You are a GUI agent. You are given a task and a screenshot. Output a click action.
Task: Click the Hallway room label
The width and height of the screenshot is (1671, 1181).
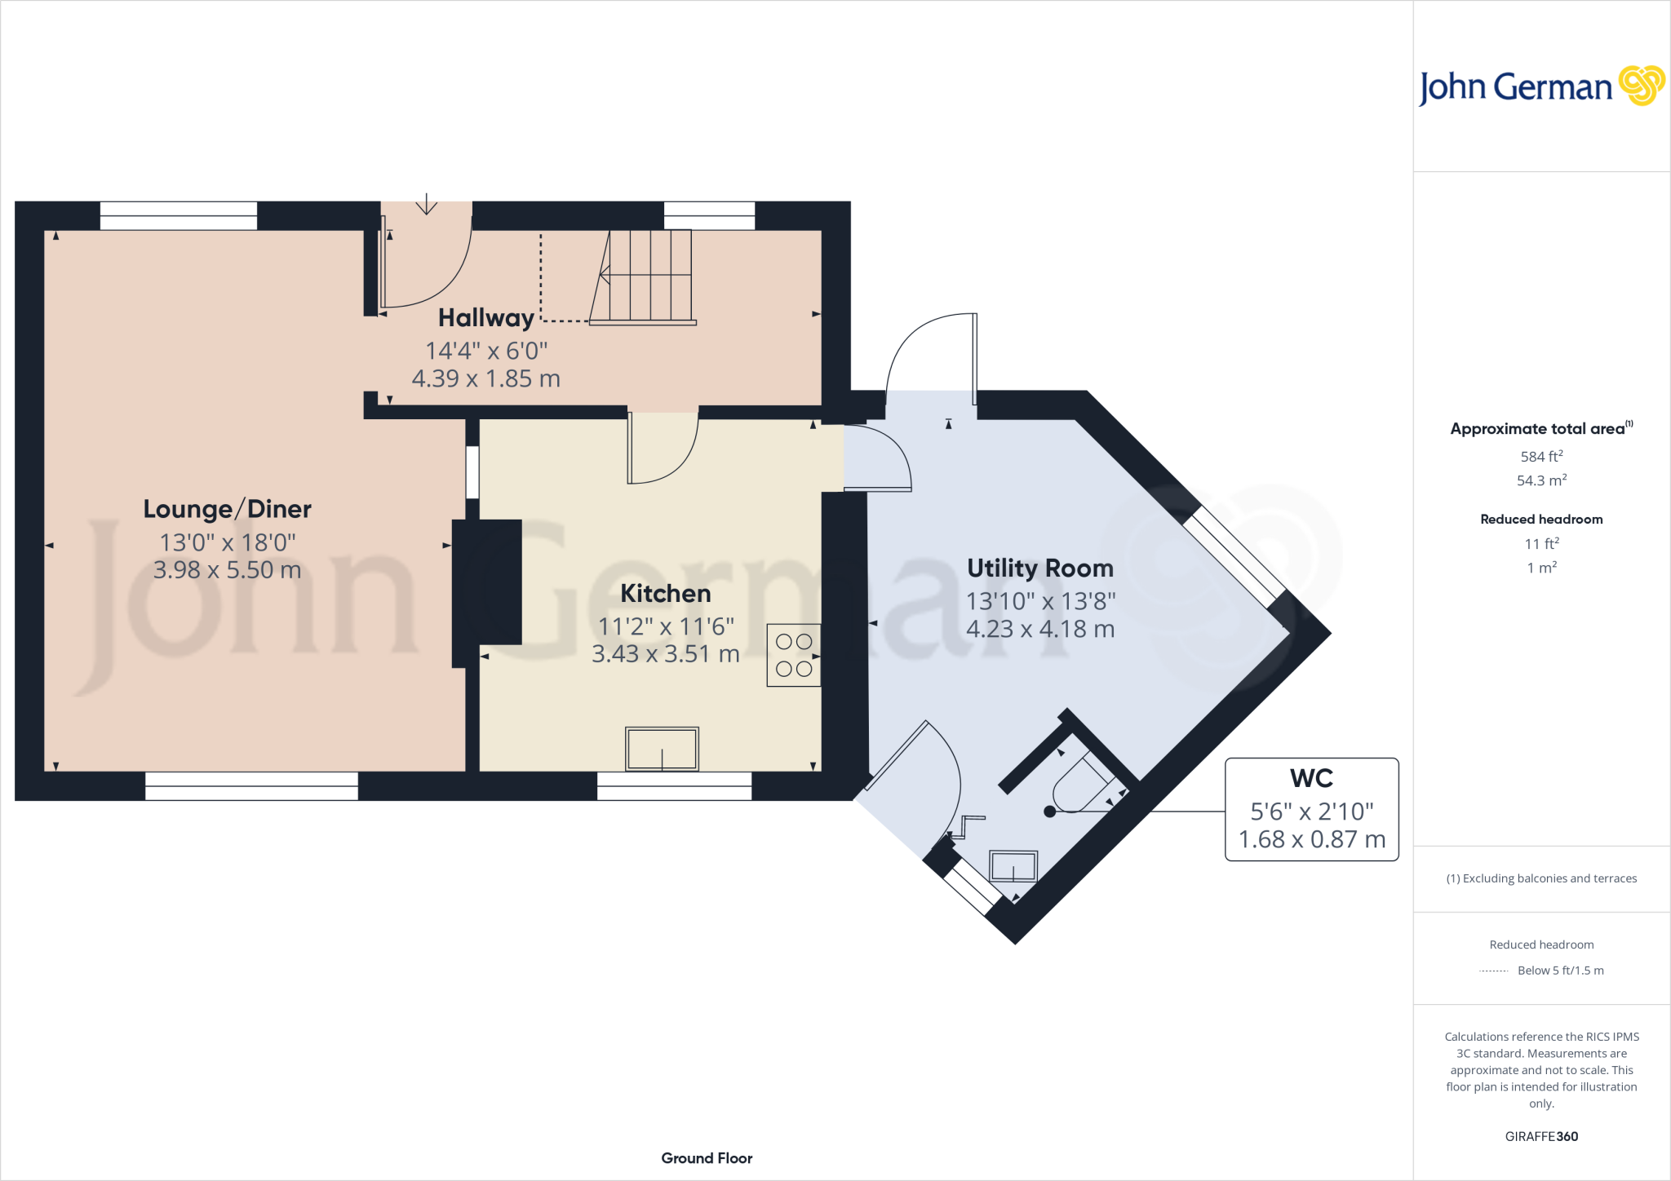click(x=486, y=317)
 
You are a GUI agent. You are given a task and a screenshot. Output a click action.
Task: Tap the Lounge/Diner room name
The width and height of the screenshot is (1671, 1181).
click(x=227, y=509)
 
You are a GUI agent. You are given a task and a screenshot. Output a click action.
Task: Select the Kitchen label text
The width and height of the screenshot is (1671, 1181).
click(x=665, y=593)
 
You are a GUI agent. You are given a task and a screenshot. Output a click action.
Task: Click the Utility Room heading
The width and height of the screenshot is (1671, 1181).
click(x=1039, y=568)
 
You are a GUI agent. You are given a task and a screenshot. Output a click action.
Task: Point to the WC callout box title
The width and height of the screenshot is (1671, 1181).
click(x=1311, y=778)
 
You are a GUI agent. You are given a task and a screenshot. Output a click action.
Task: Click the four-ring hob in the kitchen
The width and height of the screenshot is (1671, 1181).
click(x=794, y=655)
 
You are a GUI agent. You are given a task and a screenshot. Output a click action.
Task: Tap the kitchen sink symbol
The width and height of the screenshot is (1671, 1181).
click(x=662, y=748)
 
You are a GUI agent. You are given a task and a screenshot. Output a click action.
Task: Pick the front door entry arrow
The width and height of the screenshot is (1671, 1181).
click(x=426, y=205)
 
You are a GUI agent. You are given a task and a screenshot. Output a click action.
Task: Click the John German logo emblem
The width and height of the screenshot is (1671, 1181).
click(x=1642, y=86)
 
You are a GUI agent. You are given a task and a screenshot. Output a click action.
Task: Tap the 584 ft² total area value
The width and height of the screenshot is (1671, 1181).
click(x=1540, y=457)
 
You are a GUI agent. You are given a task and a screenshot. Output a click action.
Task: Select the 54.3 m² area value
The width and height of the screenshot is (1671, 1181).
click(x=1540, y=480)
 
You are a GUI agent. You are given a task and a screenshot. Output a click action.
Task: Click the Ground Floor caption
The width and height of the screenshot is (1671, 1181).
click(x=707, y=1158)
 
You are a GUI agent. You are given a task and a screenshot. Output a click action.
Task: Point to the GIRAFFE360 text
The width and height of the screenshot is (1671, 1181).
click(x=1540, y=1136)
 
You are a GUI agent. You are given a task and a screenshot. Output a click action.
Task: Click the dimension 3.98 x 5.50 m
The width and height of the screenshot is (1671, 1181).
click(x=227, y=569)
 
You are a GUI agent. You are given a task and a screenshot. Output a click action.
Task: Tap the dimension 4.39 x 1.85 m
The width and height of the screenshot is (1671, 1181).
click(x=485, y=378)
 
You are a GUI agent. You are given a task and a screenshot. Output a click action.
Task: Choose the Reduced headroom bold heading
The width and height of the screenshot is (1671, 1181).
click(x=1540, y=519)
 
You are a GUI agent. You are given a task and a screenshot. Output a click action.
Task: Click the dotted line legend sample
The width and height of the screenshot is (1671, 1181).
click(x=1493, y=971)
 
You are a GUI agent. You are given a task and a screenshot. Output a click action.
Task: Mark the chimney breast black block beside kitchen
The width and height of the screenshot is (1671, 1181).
click(x=488, y=582)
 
